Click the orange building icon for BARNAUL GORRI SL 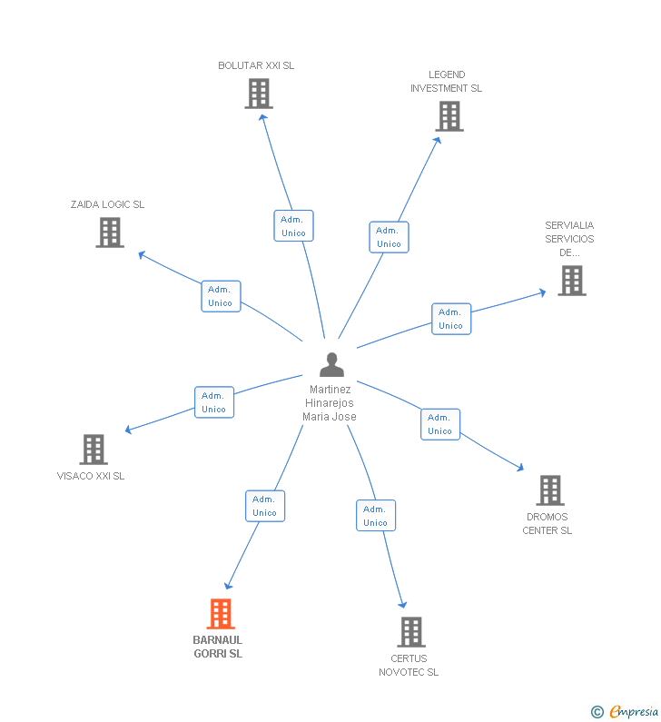pos(221,614)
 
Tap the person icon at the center pos(331,365)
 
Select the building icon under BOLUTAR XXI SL pos(259,94)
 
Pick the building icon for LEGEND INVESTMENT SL pos(449,116)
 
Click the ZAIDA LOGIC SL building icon pos(110,232)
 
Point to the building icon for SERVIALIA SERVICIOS pos(572,281)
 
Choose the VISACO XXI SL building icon pos(94,450)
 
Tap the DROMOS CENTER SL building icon pos(550,490)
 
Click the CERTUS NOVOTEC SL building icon pos(411,632)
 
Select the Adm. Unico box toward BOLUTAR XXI pos(293,225)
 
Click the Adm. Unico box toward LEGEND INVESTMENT pos(389,237)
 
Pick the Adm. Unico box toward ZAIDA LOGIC pos(221,296)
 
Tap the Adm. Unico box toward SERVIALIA pos(451,319)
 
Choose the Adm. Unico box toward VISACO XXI pos(214,402)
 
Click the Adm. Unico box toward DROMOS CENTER pos(440,424)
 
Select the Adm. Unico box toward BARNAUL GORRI pos(265,506)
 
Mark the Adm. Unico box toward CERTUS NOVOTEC pos(376,515)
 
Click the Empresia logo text pos(634,711)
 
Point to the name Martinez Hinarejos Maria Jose pos(330,403)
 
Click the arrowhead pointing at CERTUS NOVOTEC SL pos(402,604)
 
